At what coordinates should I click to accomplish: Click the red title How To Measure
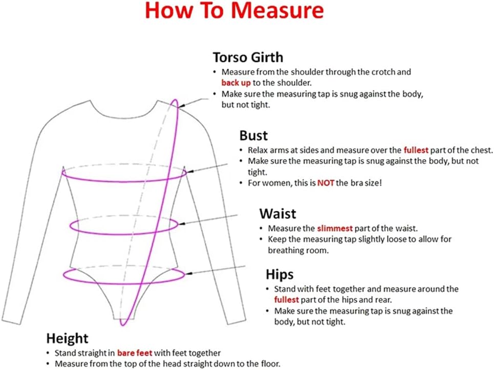[x=234, y=10]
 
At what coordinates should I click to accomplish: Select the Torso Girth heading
[x=248, y=57]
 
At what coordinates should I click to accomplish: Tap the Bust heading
[x=253, y=136]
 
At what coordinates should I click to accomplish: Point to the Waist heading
[x=277, y=213]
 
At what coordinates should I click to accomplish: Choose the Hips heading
[x=280, y=274]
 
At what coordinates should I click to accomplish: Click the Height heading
[x=67, y=338]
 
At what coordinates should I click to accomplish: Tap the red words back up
[x=236, y=83]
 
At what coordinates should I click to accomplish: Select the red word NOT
[x=326, y=183]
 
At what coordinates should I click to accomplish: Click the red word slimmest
[x=335, y=228]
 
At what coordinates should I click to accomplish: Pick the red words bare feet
[x=135, y=353]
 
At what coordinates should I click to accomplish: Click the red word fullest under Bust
[x=416, y=150]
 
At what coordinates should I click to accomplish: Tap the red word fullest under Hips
[x=286, y=299]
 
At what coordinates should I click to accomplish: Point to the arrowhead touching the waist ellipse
[x=181, y=224]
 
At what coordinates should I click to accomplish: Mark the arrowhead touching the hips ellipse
[x=189, y=273]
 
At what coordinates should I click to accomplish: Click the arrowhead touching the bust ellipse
[x=189, y=171]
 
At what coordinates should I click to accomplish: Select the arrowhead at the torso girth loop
[x=181, y=106]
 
